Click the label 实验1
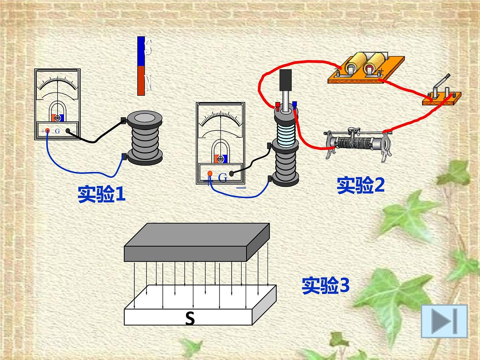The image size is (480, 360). [x=102, y=194]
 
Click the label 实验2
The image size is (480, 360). [x=361, y=185]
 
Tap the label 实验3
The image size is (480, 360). [x=326, y=286]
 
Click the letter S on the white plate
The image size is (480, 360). [x=190, y=319]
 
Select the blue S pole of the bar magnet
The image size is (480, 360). [x=141, y=51]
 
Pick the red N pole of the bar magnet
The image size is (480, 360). [x=141, y=81]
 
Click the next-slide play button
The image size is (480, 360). [x=444, y=321]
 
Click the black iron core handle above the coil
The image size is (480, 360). [x=286, y=80]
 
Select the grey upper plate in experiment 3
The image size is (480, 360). [x=196, y=242]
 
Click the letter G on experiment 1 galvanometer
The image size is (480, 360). [x=57, y=131]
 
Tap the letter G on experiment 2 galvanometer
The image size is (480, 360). [x=223, y=177]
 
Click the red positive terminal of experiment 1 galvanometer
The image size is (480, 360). [x=48, y=131]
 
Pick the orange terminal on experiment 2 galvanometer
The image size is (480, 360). [x=210, y=174]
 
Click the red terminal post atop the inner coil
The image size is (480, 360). [x=278, y=106]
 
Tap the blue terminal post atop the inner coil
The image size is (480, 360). [x=294, y=105]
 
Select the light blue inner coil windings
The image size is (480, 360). [x=286, y=136]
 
